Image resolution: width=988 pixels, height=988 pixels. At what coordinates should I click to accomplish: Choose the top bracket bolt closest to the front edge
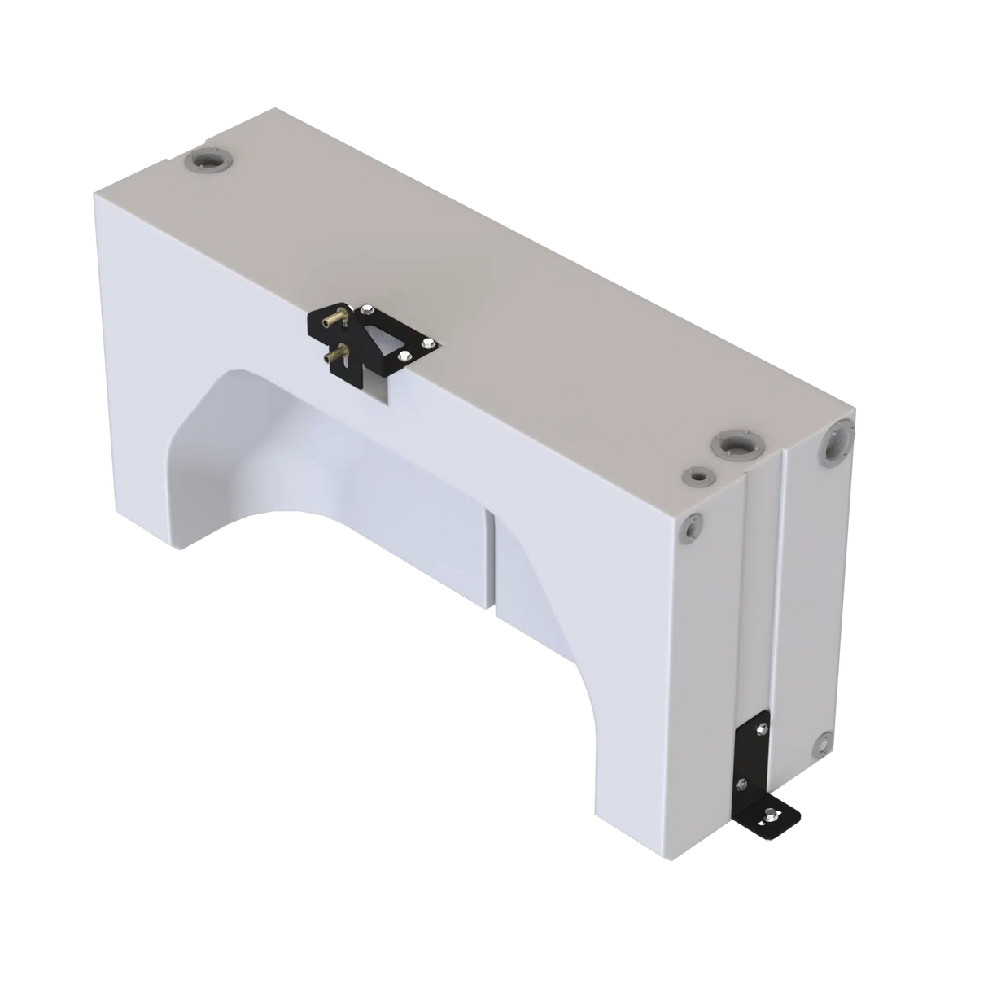(x=400, y=356)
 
